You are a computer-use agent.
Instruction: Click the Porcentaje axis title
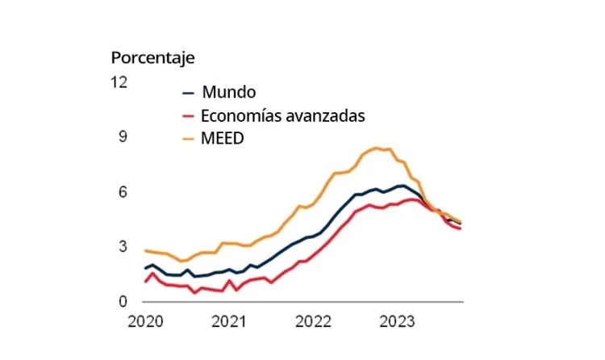click(152, 58)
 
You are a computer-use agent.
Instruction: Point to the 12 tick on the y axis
click(120, 82)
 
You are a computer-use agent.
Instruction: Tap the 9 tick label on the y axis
click(123, 136)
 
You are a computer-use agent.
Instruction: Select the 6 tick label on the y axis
click(123, 192)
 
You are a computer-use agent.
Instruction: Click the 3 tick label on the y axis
click(123, 246)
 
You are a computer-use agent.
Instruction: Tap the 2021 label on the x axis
click(229, 322)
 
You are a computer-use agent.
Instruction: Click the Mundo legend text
click(229, 92)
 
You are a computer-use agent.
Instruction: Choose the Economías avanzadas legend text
click(283, 115)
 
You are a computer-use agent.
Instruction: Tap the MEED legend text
click(223, 138)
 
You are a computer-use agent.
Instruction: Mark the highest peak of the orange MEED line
click(376, 148)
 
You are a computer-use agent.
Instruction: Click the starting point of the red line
click(145, 282)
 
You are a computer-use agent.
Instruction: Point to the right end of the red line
click(461, 228)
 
